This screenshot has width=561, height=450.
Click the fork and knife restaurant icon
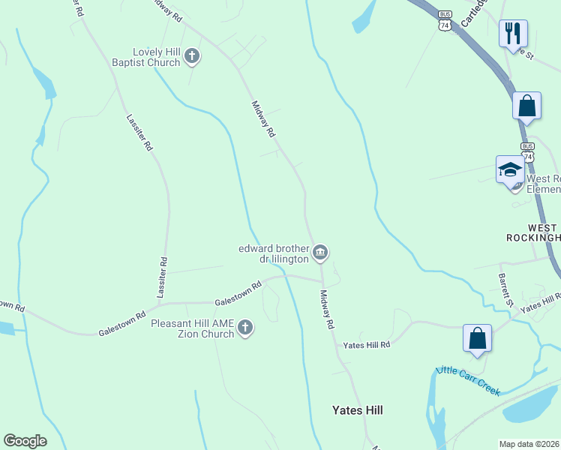[514, 33]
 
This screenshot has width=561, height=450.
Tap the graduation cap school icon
[510, 169]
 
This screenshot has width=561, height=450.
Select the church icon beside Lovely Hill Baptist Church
[192, 56]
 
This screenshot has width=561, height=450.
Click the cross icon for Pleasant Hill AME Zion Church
[245, 328]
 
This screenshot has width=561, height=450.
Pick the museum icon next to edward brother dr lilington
[320, 253]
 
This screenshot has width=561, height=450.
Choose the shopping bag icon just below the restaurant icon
[526, 106]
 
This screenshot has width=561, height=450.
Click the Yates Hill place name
[358, 410]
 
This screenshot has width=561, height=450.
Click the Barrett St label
[505, 290]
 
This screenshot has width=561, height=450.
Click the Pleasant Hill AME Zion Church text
[193, 328]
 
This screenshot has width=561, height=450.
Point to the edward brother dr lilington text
[274, 253]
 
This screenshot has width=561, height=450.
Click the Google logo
[25, 441]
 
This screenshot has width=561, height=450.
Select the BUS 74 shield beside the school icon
[528, 152]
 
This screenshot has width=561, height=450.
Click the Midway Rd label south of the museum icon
[326, 310]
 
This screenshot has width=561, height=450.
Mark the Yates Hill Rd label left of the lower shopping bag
[367, 345]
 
